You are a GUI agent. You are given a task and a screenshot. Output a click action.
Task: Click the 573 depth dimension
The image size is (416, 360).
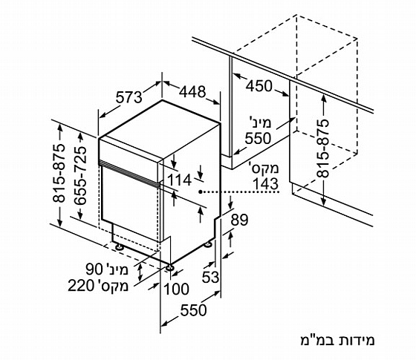pos(129,97)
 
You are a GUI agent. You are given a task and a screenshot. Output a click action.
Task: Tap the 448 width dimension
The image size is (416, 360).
pos(192,92)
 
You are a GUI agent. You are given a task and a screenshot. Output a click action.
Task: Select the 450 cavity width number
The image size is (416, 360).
pos(259,86)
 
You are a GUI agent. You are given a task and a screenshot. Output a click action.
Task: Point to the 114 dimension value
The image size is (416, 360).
pos(179,180)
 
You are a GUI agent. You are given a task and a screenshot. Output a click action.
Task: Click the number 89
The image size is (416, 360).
pos(239,220)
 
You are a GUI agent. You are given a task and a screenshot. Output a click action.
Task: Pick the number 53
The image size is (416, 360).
pos(210,278)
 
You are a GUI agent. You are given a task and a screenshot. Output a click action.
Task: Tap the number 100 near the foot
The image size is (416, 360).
pos(177,289)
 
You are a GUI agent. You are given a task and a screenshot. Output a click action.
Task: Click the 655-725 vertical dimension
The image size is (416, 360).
pos(80,175)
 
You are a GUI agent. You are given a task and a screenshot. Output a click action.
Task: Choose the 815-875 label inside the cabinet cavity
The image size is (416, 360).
pos(323,148)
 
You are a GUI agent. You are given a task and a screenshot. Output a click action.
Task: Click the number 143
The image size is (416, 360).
pos(265,184)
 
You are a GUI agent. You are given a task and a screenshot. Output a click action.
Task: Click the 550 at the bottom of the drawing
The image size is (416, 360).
pos(193,310)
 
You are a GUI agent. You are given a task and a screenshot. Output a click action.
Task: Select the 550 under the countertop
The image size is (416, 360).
pos(258,138)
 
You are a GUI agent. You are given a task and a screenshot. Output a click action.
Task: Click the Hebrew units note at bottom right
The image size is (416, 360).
pos(337,341)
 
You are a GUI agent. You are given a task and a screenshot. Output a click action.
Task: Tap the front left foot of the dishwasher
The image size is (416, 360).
pos(119,247)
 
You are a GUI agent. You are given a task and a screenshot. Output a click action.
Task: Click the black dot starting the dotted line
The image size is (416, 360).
pos(201,192)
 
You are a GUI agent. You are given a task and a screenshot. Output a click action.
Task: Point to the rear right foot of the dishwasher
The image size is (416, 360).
pos(208,244)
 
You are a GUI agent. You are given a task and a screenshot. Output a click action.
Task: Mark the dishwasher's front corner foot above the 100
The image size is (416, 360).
pos(169,267)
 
